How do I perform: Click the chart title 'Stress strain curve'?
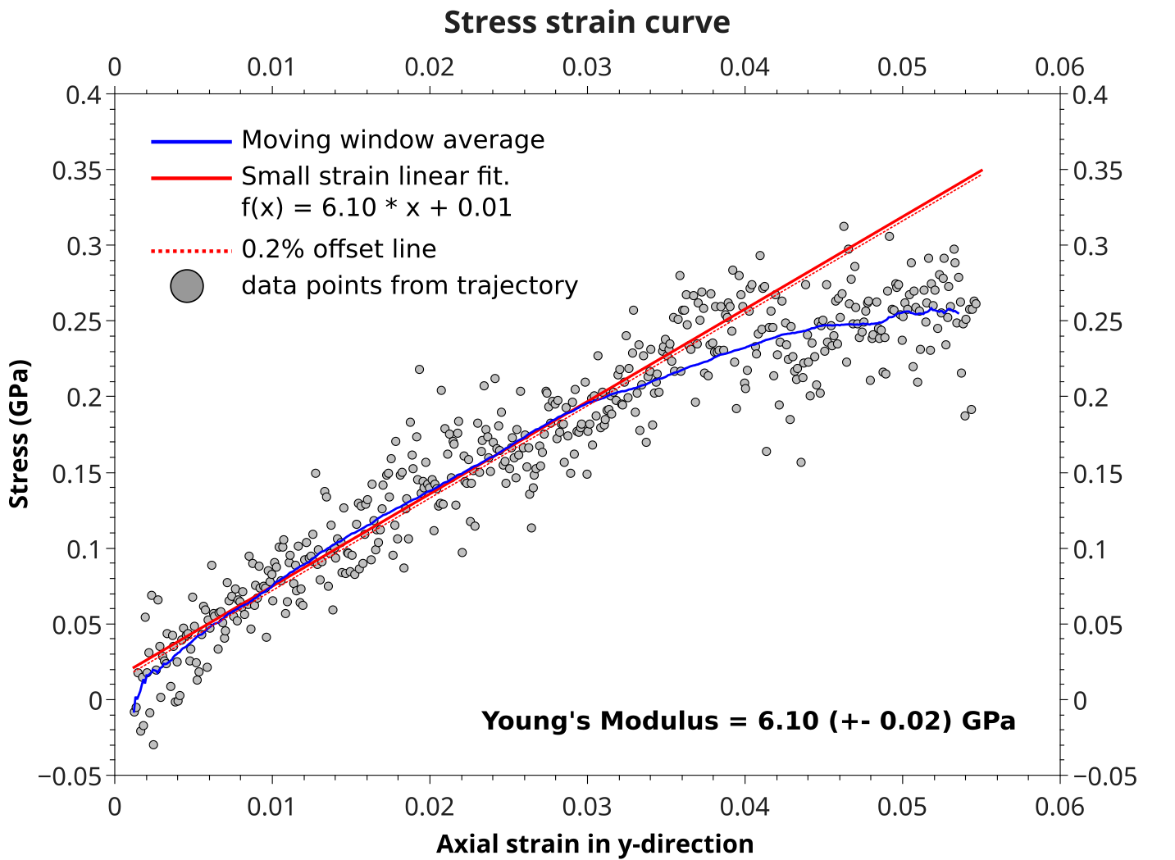587,23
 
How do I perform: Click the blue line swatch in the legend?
191,142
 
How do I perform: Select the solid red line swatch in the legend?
191,178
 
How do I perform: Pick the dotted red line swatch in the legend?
191,251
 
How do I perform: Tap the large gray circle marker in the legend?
187,286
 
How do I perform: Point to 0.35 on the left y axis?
77,171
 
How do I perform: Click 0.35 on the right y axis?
1098,171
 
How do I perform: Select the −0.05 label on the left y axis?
71,776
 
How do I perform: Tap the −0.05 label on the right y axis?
1104,776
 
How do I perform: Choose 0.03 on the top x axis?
587,67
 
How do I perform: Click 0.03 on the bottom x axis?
587,808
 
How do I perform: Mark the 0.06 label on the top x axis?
1059,67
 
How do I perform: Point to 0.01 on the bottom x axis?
271,808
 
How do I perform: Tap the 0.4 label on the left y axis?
84,96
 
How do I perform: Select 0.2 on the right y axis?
1091,398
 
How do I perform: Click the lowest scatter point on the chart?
153,744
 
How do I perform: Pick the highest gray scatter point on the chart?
844,226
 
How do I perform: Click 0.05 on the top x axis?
902,67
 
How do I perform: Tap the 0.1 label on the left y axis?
84,549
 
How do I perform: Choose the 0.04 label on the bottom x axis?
745,808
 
